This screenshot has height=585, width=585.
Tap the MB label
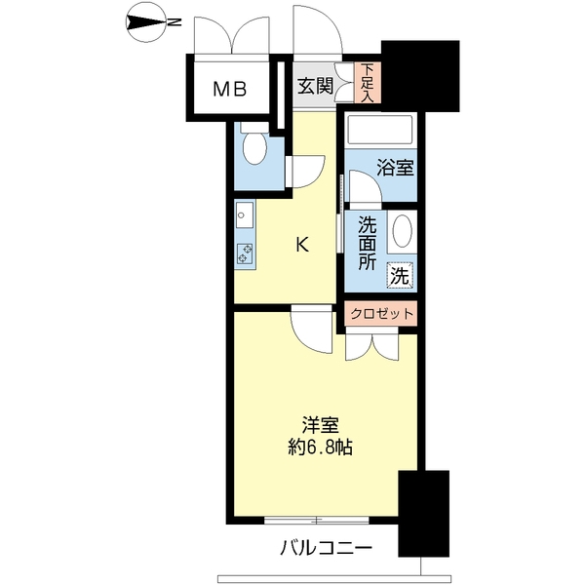(x=229, y=89)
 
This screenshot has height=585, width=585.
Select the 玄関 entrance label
(x=315, y=86)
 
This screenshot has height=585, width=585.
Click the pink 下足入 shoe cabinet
(x=368, y=83)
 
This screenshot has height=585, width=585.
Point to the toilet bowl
(x=254, y=147)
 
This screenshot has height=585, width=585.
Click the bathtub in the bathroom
(x=380, y=130)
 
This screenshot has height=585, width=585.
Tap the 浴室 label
(x=395, y=167)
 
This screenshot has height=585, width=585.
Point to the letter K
(x=302, y=245)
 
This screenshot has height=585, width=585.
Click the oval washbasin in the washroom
(x=402, y=230)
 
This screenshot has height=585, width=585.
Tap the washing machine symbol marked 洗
(x=401, y=276)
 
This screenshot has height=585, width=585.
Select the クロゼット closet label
(x=381, y=314)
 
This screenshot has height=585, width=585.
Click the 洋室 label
(x=320, y=425)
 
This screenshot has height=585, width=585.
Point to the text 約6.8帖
(x=320, y=447)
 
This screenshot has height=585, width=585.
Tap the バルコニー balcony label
(x=326, y=548)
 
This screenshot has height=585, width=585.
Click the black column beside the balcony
(x=424, y=514)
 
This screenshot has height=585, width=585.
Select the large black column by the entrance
(x=420, y=76)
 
